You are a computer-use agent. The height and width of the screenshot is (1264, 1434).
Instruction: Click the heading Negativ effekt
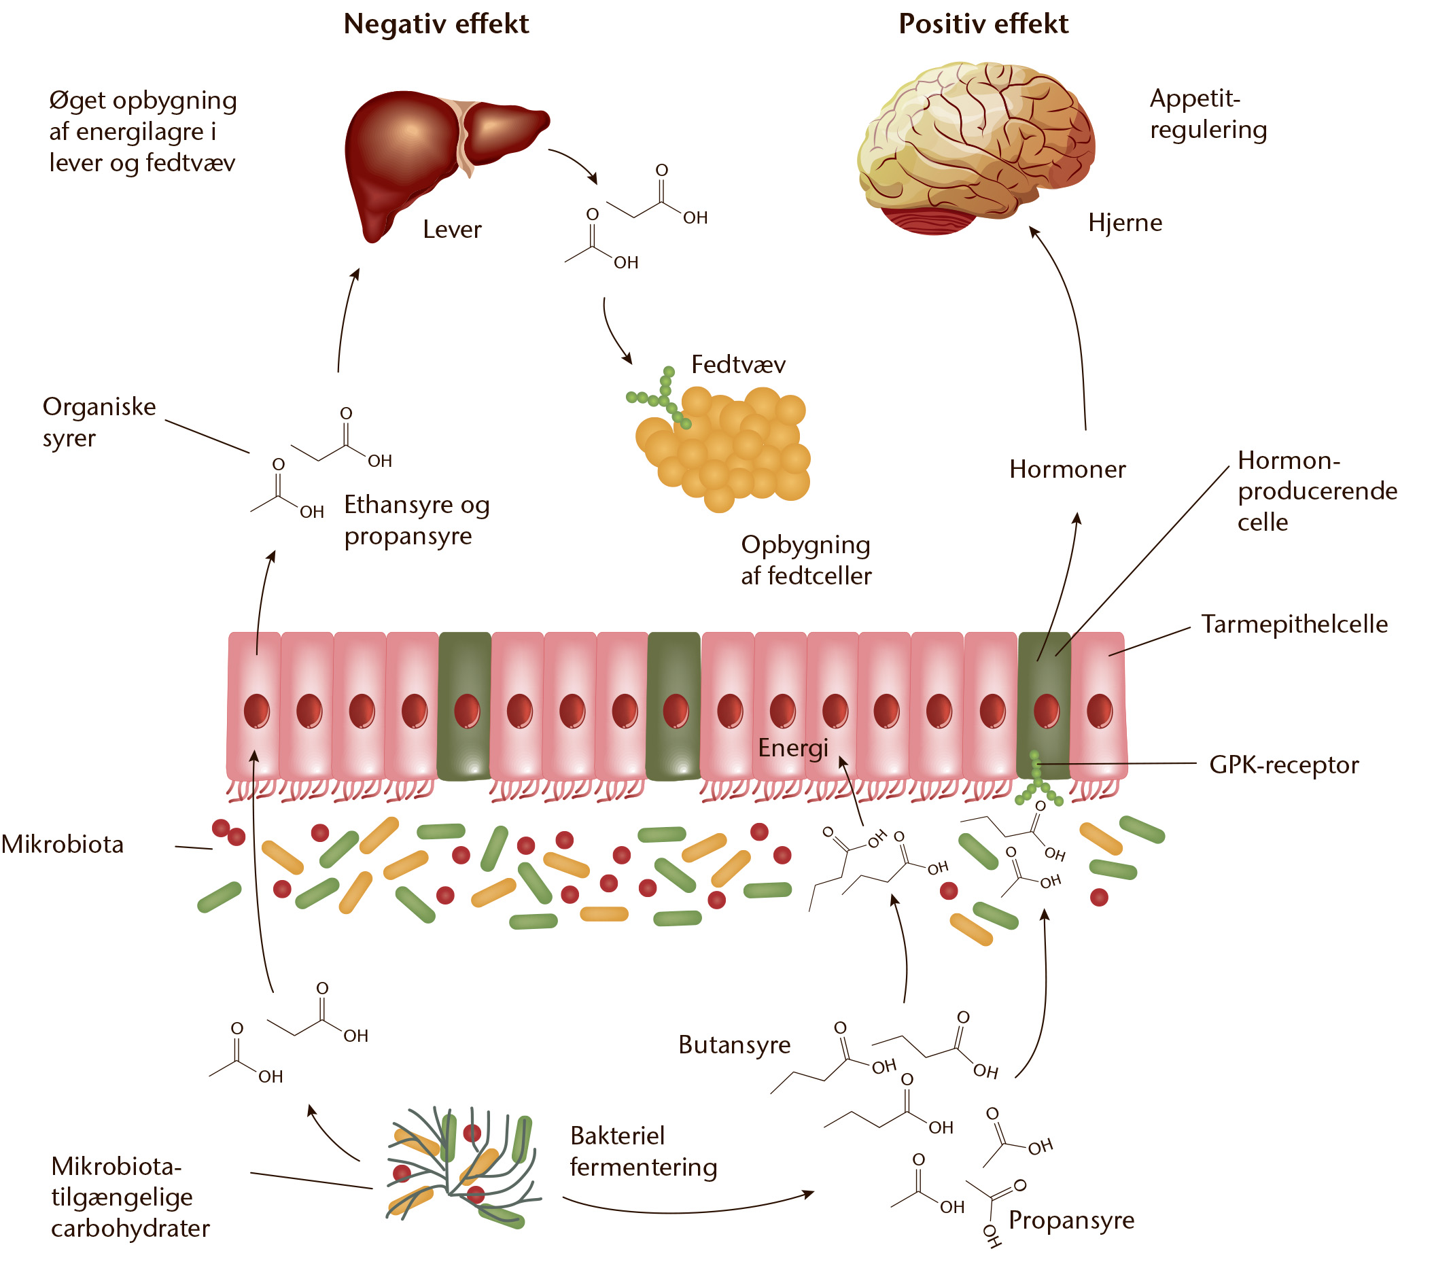click(x=436, y=24)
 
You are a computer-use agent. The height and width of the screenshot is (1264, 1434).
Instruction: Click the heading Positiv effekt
click(x=983, y=24)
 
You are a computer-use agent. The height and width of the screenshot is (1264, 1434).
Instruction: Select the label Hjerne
click(x=1125, y=222)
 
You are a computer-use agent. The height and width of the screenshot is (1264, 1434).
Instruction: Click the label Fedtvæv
click(x=738, y=365)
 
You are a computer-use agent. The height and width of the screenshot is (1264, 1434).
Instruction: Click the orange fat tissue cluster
click(x=722, y=449)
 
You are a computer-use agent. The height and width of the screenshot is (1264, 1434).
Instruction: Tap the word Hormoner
click(x=1067, y=469)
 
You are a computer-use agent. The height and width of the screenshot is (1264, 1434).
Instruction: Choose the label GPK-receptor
click(x=1284, y=765)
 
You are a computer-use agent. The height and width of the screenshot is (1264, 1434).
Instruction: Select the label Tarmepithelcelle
click(x=1295, y=624)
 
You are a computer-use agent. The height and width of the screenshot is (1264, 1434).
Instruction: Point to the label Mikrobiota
click(x=63, y=844)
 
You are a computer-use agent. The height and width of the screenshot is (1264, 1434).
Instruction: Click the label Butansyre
click(x=735, y=1044)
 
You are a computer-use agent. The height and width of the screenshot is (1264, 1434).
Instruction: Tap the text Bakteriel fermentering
click(x=644, y=1151)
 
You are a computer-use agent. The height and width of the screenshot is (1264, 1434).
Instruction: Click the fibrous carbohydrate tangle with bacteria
click(x=463, y=1168)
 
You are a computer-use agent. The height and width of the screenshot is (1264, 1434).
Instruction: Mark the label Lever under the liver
click(x=452, y=230)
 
